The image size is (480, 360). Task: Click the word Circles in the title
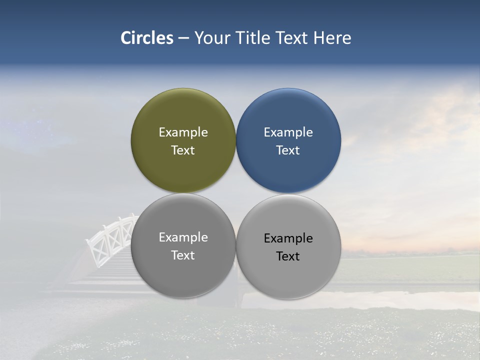pyautogui.click(x=147, y=38)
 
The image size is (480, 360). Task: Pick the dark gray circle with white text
pyautogui.click(x=183, y=275)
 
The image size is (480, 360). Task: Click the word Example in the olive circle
pyautogui.click(x=183, y=132)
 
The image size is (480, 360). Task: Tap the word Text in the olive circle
pyautogui.click(x=183, y=150)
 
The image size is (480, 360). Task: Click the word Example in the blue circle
pyautogui.click(x=288, y=132)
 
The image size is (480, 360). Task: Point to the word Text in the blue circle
pyautogui.click(x=288, y=150)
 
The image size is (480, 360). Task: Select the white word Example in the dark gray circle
pyautogui.click(x=183, y=237)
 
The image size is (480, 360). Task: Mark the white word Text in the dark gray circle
pyautogui.click(x=183, y=255)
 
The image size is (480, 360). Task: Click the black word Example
pyautogui.click(x=288, y=238)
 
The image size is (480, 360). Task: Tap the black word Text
pyautogui.click(x=288, y=256)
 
